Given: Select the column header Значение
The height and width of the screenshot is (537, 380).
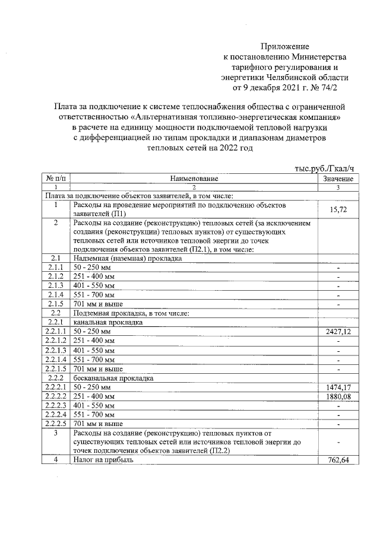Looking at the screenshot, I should pyautogui.click(x=338, y=178).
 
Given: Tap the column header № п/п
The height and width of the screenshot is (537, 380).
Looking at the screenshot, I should pyautogui.click(x=55, y=178).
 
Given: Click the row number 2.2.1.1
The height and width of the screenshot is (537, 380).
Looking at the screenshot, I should pyautogui.click(x=55, y=331).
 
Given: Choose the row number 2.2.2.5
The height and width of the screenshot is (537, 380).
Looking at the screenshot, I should pyautogui.click(x=55, y=424).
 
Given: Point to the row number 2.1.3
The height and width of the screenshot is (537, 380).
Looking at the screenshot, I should pyautogui.click(x=55, y=285).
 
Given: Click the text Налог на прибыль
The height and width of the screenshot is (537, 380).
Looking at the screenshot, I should pyautogui.click(x=103, y=460).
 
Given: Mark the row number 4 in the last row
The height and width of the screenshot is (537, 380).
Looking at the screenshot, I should pyautogui.click(x=55, y=460).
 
